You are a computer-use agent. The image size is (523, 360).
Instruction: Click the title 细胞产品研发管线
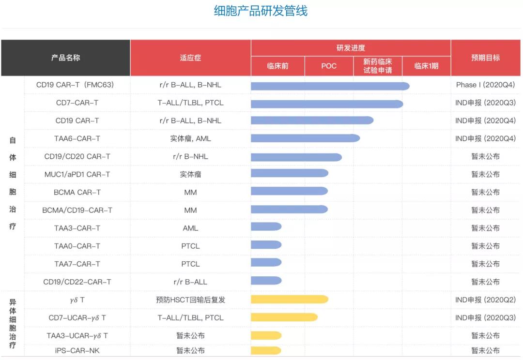point(261,11)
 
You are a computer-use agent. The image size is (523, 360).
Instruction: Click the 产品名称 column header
point(65,58)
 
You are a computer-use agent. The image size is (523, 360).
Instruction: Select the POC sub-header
point(329,66)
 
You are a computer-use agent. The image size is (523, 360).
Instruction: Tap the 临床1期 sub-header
point(426,66)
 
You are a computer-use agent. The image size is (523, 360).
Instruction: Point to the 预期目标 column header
point(485,58)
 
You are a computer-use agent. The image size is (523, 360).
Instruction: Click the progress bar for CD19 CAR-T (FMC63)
point(330,86)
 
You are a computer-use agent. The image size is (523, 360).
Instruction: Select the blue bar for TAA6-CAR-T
point(305,138)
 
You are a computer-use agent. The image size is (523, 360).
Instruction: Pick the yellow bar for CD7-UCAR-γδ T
point(284,317)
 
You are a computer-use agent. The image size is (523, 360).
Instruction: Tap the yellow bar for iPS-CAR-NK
point(266,350)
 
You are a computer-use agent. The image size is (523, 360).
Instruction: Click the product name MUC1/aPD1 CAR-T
point(77,174)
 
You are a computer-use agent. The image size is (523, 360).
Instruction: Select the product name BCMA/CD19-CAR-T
point(77,210)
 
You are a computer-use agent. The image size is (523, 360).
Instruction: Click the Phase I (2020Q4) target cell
point(485,85)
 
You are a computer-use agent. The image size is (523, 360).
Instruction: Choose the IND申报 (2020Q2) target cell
point(485,300)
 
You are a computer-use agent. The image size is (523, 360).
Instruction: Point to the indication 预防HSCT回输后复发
point(190,300)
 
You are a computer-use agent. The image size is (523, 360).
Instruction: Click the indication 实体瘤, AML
point(190,138)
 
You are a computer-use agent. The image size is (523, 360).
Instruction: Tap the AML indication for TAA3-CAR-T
point(190,228)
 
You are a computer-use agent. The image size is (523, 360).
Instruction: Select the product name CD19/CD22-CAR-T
point(77,282)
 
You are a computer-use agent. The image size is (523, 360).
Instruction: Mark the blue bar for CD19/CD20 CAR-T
point(296,157)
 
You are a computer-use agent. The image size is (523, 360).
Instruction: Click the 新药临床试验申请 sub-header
point(378,66)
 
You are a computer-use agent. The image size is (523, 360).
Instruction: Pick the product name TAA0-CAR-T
point(77,246)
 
